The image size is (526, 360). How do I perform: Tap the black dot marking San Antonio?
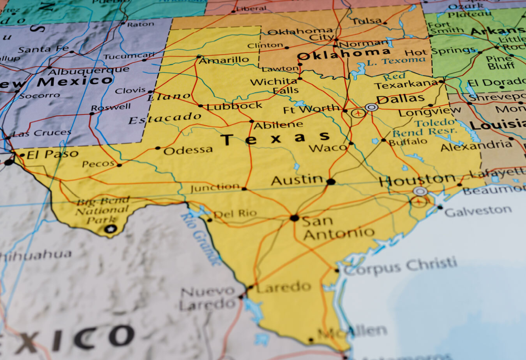tap(294, 218)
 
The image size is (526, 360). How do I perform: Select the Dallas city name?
tap(400, 99)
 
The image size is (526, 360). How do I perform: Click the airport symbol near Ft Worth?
tap(358, 113)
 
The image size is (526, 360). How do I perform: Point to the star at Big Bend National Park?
tap(110, 229)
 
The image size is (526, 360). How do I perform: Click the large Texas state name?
tap(275, 138)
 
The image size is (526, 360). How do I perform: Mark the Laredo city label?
tap(283, 288)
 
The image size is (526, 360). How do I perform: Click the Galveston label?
tap(478, 211)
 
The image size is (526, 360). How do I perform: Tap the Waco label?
tap(327, 148)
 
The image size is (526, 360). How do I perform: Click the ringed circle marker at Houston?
tap(420, 191)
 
